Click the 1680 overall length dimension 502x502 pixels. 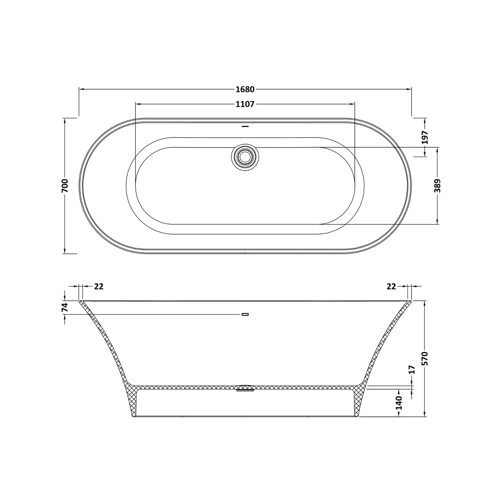(245, 89)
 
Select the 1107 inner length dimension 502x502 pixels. (245, 104)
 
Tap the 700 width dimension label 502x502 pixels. (65, 185)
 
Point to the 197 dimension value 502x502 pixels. (425, 137)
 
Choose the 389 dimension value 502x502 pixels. (437, 186)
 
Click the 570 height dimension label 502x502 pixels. (425, 358)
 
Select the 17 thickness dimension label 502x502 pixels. (412, 369)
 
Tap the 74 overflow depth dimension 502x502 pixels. (65, 307)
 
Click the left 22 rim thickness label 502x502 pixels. (99, 286)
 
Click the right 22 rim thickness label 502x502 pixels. (391, 286)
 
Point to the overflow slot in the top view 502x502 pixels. (245, 127)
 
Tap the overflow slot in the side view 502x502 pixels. (245, 314)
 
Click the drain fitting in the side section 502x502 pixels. (245, 388)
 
